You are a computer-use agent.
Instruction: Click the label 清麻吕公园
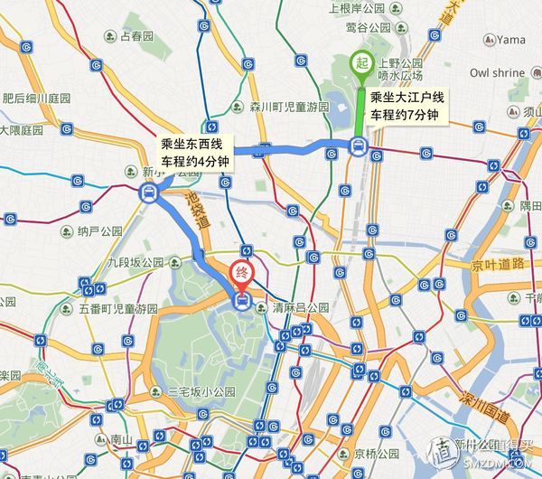(x=297, y=308)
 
